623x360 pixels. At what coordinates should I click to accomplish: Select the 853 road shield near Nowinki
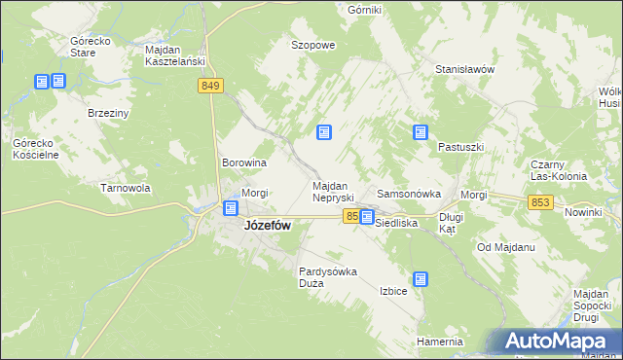(x=542, y=201)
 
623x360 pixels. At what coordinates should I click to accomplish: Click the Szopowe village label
(x=313, y=45)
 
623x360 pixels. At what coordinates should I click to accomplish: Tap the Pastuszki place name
(x=460, y=147)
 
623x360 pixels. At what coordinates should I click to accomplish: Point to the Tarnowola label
(x=125, y=188)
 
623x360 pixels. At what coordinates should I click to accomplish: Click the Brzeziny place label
(x=108, y=113)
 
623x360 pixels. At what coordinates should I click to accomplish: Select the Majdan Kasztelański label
(x=174, y=55)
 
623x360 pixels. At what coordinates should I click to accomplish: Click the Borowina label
(x=244, y=162)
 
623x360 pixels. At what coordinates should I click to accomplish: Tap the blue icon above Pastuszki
(x=421, y=131)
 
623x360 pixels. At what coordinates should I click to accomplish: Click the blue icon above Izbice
(x=420, y=279)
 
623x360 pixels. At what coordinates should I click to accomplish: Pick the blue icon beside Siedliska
(x=366, y=218)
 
